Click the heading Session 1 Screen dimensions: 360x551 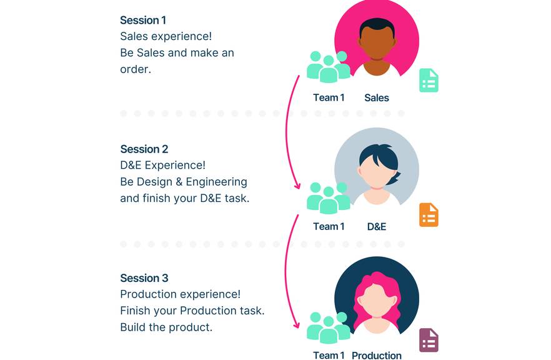pos(143,20)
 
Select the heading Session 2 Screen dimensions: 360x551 pos(144,149)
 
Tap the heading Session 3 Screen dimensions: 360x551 pos(144,278)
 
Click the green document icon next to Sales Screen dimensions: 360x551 pos(429,81)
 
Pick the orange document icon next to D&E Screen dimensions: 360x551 pos(429,215)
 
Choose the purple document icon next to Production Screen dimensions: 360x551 pos(429,341)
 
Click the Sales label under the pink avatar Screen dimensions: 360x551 pos(377,97)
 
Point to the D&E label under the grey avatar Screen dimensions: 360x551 pos(377,226)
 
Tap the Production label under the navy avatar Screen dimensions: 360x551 pos(377,355)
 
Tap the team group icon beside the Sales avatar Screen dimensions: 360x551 pos(329,67)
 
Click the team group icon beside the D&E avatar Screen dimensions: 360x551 pos(329,198)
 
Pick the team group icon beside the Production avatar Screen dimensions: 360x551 pos(329,327)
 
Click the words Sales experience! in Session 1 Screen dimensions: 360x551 pos(166,36)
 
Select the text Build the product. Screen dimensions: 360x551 pos(166,327)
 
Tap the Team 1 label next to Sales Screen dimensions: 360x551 pos(329,97)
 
